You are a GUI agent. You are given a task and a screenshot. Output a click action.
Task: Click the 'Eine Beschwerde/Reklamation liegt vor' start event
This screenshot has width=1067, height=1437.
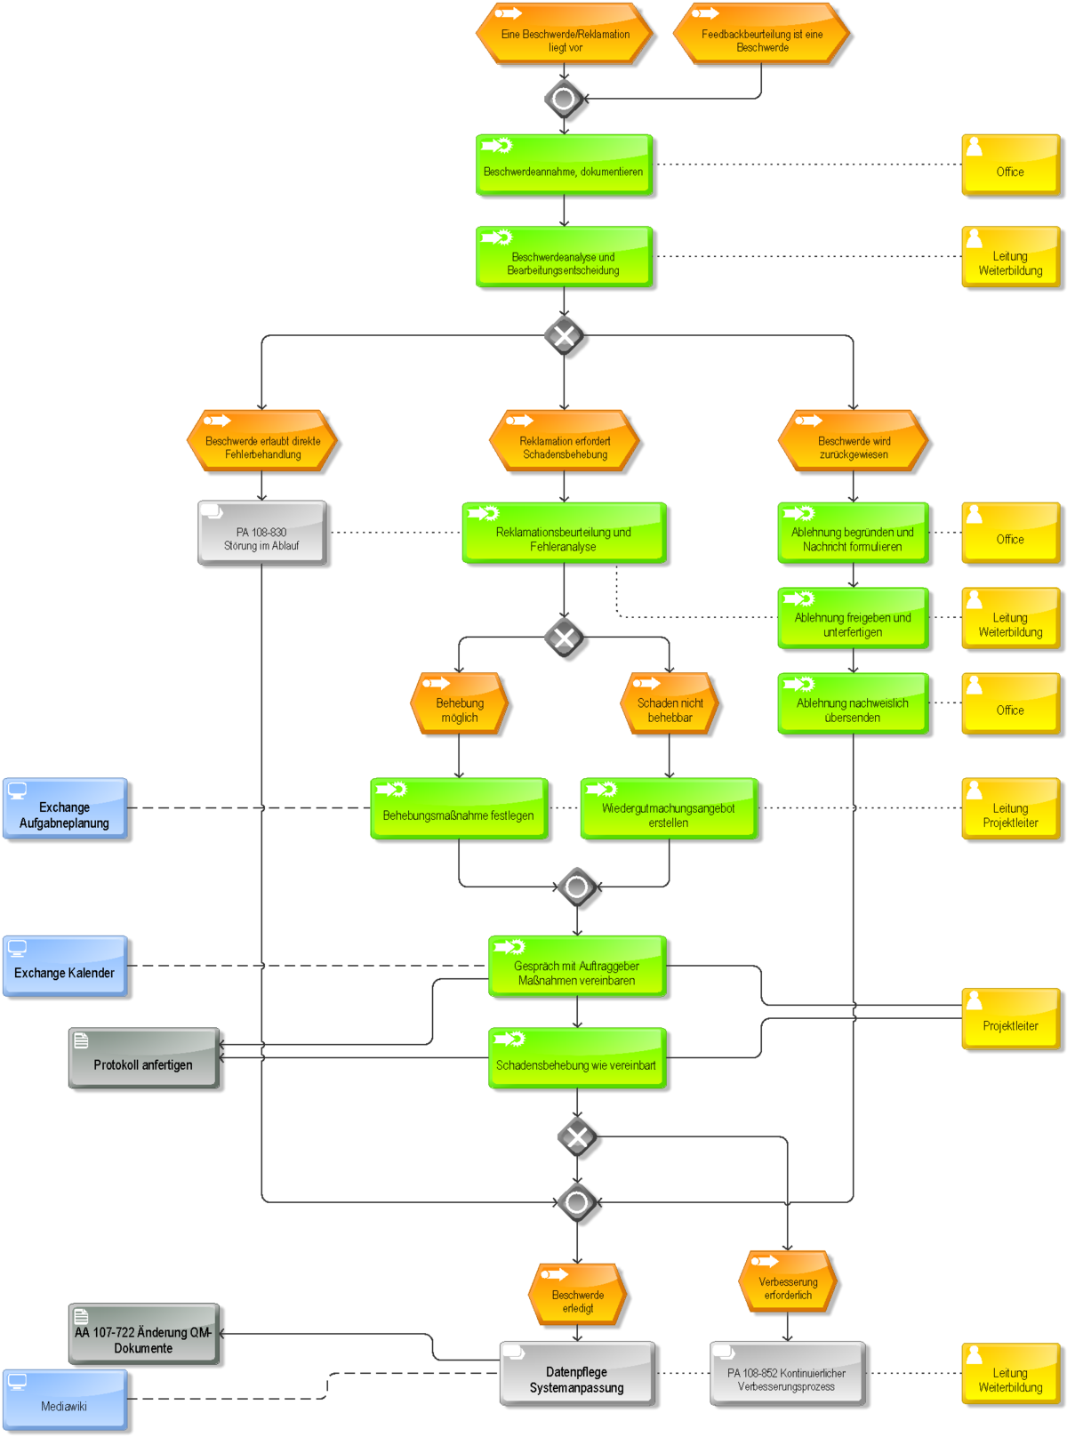[564, 34]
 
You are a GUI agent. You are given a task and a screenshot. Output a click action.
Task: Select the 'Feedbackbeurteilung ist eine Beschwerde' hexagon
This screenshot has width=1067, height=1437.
[761, 34]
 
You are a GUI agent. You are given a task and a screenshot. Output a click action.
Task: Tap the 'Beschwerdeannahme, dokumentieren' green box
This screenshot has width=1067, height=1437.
[564, 165]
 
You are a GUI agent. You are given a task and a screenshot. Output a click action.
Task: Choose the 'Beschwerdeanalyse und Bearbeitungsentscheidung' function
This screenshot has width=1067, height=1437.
[564, 257]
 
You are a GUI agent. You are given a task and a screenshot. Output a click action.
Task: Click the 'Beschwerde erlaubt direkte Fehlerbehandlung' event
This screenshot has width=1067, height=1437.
[261, 440]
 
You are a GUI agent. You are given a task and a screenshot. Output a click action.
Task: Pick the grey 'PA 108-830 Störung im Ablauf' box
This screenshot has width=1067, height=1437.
[261, 533]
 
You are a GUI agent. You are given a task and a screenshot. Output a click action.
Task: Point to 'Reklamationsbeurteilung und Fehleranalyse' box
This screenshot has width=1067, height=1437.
[564, 533]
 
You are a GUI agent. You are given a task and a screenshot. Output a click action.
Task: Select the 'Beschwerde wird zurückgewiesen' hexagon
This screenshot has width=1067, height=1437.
[853, 440]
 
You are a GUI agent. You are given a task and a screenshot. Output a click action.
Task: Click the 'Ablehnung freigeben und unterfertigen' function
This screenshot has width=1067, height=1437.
[853, 618]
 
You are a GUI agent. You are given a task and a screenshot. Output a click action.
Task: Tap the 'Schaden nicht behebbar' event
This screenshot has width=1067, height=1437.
[670, 703]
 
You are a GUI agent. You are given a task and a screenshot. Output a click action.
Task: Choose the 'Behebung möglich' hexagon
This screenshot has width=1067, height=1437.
[460, 703]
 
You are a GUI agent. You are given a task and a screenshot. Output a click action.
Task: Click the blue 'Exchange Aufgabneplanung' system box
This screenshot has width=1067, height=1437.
[65, 808]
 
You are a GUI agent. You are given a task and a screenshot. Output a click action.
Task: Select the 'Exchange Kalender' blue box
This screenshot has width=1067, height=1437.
[65, 966]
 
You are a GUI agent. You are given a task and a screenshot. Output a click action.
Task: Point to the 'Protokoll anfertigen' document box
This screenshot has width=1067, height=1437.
[144, 1058]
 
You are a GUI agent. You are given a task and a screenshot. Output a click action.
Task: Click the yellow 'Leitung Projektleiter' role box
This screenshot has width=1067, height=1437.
[1010, 808]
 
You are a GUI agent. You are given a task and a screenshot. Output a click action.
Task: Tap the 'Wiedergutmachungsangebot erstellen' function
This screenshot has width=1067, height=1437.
[670, 808]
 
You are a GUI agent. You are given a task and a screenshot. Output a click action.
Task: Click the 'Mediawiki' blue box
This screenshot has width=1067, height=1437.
[65, 1400]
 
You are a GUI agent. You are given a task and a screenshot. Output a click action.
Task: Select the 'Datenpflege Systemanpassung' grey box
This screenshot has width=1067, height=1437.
[577, 1374]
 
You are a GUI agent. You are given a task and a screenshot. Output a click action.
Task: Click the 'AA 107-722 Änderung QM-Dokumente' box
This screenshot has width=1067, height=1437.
[144, 1334]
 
